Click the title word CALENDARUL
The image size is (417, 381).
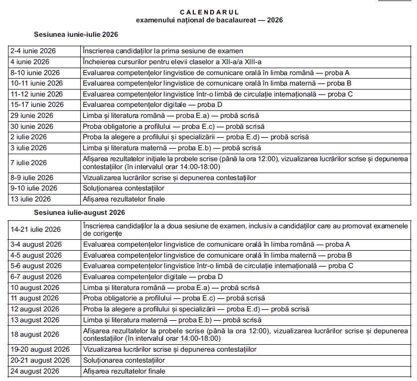pos(209,12)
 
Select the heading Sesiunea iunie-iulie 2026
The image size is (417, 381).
pos(76,35)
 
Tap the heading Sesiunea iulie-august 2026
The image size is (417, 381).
pos(79,213)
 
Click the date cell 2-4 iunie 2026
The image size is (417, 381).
pos(33,51)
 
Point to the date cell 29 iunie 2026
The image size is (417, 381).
pos(32,116)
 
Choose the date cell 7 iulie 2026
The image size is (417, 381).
pos(28,163)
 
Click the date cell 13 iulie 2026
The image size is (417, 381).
pos(30,199)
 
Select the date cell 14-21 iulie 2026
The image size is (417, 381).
pos(35,229)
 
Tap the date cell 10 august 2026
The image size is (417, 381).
pos(34,287)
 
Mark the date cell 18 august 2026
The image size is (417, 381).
pos(34,334)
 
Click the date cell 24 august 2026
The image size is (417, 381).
pos(34,371)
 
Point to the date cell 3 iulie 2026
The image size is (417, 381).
pos(28,148)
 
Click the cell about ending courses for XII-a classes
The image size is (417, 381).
pos(172,62)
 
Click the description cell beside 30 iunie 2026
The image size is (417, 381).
pos(173,126)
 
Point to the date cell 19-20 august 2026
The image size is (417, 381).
pos(40,349)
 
